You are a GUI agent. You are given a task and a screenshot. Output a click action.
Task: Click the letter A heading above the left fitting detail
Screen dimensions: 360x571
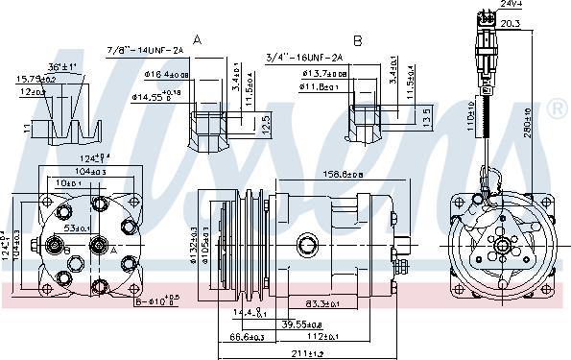click(198, 39)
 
